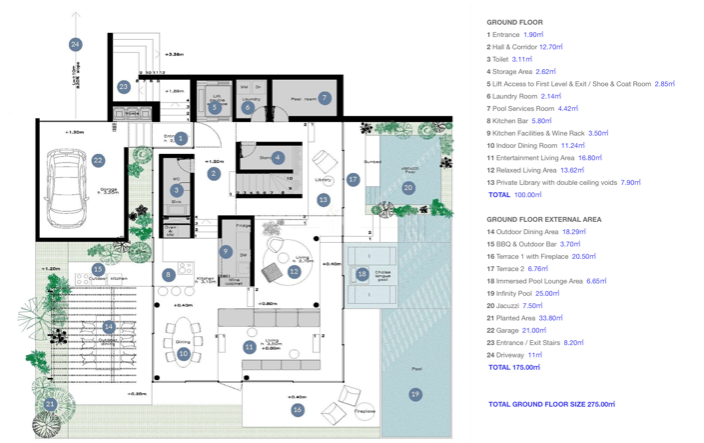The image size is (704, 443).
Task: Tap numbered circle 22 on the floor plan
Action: (x=98, y=160)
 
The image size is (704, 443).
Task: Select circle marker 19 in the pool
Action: (x=415, y=394)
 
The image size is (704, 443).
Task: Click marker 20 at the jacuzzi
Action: (x=407, y=187)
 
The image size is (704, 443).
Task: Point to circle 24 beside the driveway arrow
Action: (x=75, y=44)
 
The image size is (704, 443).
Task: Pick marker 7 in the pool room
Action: (x=324, y=98)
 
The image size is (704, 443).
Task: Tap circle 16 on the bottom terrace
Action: (x=297, y=410)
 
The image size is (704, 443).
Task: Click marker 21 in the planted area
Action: (x=51, y=405)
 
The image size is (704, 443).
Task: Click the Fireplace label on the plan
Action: (x=364, y=411)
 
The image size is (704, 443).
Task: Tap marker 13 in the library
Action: (x=323, y=200)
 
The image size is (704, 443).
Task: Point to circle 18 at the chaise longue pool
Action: (x=361, y=274)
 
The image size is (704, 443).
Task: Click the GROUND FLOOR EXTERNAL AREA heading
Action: (x=543, y=219)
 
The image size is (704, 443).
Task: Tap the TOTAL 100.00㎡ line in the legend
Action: (x=513, y=195)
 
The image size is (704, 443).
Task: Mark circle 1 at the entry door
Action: (x=181, y=138)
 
